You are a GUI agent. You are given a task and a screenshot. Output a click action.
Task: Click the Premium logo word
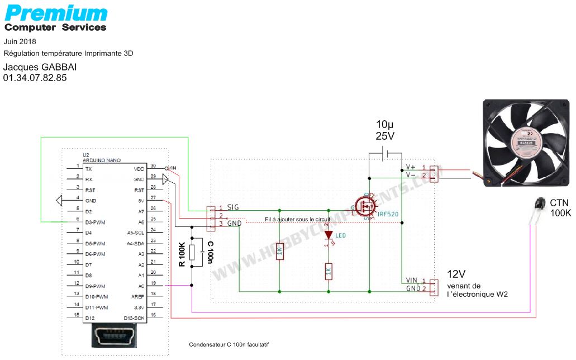[56, 13]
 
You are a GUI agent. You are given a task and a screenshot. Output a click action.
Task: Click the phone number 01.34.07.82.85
[35, 78]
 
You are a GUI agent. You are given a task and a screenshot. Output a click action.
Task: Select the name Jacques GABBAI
[40, 67]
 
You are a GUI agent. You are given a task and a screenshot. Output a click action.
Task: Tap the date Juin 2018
[20, 41]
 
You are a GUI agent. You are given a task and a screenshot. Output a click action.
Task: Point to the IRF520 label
[388, 214]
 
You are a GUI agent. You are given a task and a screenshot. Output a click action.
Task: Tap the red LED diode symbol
[329, 235]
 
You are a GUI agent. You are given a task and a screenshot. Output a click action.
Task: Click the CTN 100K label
[559, 208]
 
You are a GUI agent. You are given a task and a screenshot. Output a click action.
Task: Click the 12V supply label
[456, 274]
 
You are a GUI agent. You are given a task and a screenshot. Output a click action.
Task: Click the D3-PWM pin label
[96, 222]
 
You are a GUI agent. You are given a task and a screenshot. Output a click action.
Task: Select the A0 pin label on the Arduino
[142, 286]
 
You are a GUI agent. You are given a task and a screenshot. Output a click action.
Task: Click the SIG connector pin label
[233, 207]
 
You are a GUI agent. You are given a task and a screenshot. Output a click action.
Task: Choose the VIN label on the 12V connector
[412, 280]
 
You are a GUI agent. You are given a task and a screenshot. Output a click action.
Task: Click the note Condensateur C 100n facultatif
[232, 345]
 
